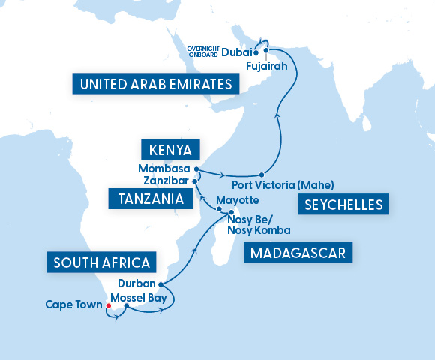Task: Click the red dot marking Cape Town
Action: click(109, 306)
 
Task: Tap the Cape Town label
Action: click(73, 304)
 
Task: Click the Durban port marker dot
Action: click(160, 284)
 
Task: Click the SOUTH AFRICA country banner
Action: click(103, 262)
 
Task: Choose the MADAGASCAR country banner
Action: click(298, 253)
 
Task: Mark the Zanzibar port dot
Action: click(194, 181)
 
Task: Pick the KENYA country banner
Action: click(170, 147)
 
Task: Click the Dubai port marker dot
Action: click(256, 53)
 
